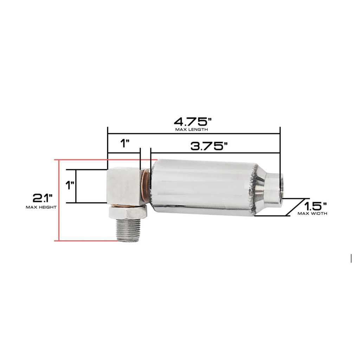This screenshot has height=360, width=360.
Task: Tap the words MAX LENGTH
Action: point(192,130)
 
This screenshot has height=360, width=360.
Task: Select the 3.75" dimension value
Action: point(210,146)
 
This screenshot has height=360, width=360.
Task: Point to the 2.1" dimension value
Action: point(43,198)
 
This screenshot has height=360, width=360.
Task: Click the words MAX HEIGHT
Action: point(41,207)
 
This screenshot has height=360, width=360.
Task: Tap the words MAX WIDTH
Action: point(313,213)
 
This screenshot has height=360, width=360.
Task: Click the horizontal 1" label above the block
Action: point(125,143)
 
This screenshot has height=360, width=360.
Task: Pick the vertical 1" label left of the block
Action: point(70,185)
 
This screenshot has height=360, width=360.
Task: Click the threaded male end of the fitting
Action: point(128,230)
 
